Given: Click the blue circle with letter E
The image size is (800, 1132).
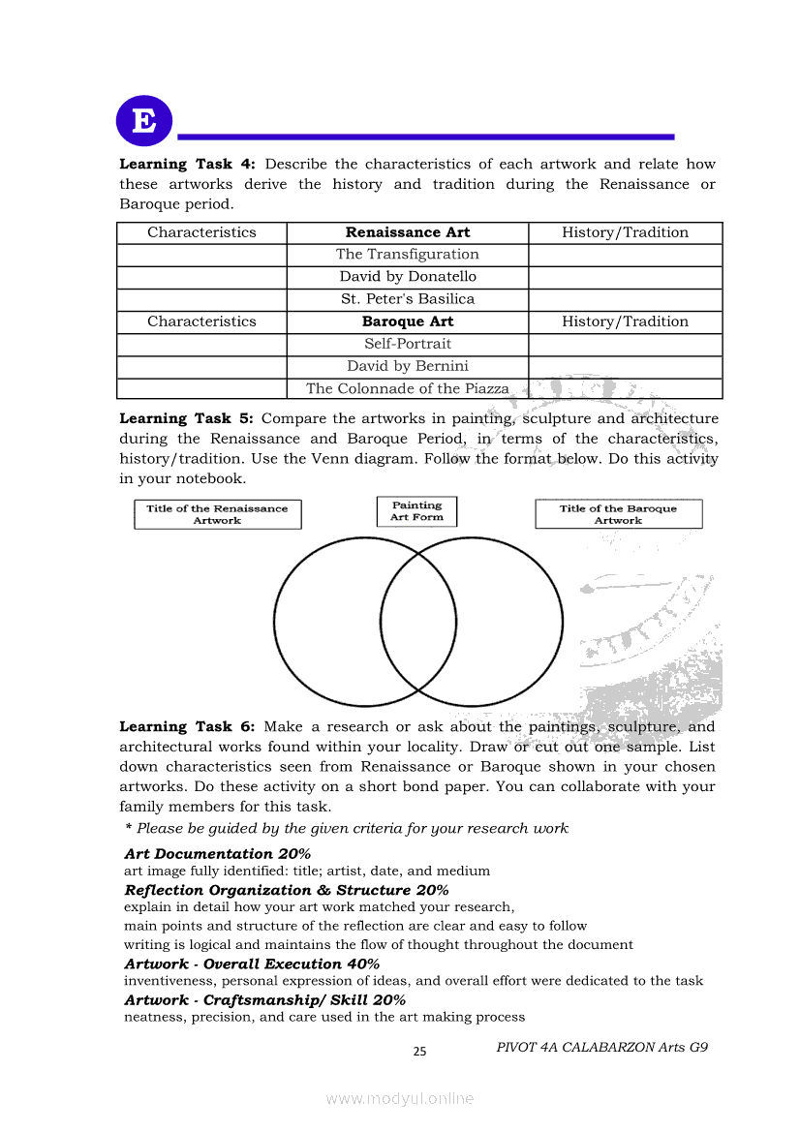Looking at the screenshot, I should coord(143,121).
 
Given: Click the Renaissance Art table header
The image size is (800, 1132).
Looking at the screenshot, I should coord(408,232).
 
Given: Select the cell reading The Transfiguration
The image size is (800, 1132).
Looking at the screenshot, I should coord(408,255).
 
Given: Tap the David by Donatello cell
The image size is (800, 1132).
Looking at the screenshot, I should coord(408,277).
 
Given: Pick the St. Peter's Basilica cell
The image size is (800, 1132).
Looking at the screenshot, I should coord(408,299).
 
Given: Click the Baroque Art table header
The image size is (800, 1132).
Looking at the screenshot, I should coord(408,321).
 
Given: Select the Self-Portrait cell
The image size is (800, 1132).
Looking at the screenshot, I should coord(408,344).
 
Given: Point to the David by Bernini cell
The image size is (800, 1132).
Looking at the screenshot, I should coord(408,366).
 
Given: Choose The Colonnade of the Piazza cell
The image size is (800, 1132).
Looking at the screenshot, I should coord(408,388).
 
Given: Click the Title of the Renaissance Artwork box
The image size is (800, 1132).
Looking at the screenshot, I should coord(217,514).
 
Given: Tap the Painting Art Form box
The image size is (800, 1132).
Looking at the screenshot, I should coord(416,511).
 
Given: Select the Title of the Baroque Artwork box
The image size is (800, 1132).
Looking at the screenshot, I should coord(618,514).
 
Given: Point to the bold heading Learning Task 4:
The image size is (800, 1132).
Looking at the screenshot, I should coord(186,165).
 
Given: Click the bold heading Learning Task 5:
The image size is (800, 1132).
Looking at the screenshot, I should coord(186,419).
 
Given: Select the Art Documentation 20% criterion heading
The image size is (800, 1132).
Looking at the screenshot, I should coord(218,854).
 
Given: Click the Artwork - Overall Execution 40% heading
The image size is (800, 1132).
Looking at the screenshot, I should coord(252,964).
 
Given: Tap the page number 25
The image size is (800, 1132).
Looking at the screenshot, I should coord(419,1052).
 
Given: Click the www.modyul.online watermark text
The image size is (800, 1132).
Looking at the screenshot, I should coord(400,1099).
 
